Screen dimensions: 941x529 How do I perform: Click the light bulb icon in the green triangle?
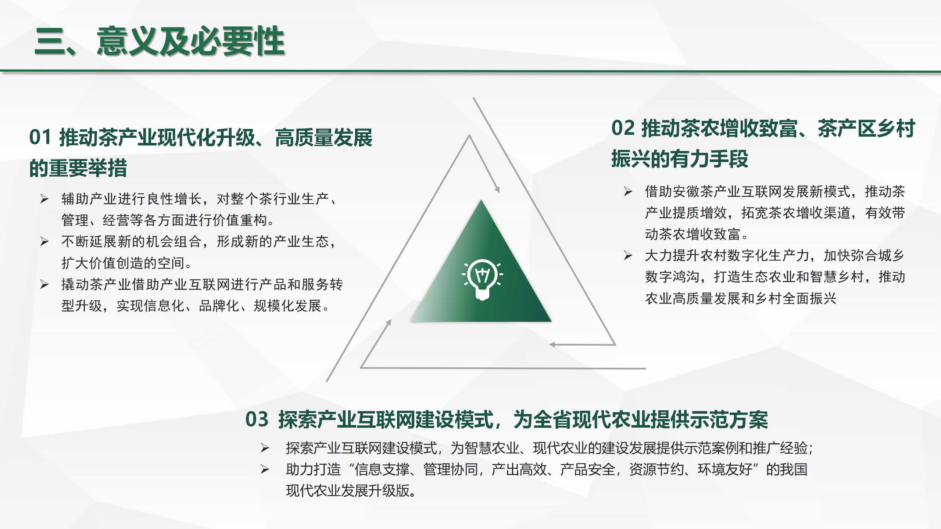pyautogui.click(x=482, y=280)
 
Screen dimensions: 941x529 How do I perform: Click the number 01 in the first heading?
pyautogui.click(x=40, y=137)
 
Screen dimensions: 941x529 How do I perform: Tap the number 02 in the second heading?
pyautogui.click(x=623, y=128)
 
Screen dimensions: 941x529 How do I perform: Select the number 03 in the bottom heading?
pyautogui.click(x=257, y=419)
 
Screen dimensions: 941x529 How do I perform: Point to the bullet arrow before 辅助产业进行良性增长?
pyautogui.click(x=44, y=199)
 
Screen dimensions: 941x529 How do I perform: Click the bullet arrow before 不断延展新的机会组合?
pyautogui.click(x=44, y=241)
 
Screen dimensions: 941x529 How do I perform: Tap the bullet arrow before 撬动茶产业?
pyautogui.click(x=44, y=284)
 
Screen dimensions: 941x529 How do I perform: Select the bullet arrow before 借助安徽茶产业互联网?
pyautogui.click(x=628, y=191)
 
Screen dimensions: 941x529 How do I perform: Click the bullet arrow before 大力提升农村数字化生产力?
pyautogui.click(x=628, y=255)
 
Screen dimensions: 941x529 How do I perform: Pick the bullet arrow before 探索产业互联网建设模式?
pyautogui.click(x=265, y=448)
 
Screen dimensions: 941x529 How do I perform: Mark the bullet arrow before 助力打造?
pyautogui.click(x=265, y=469)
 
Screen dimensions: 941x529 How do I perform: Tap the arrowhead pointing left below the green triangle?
pyautogui.click(x=552, y=345)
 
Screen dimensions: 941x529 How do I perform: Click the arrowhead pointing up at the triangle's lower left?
pyautogui.click(x=389, y=323)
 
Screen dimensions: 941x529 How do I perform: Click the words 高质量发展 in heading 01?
pyautogui.click(x=324, y=137)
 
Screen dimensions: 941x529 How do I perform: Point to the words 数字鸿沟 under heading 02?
pyautogui.click(x=672, y=277)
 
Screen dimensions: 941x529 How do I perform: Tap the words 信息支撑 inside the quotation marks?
pyautogui.click(x=382, y=469)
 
